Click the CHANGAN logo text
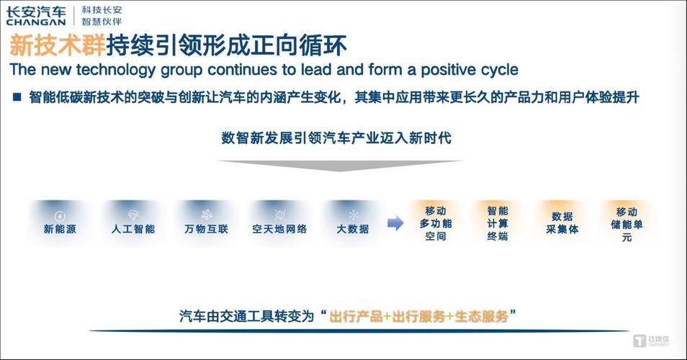tap(35, 22)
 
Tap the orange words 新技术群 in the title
tap(58, 45)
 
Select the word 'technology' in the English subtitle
tap(116, 70)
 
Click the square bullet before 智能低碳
tap(17, 96)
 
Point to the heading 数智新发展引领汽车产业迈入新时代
tap(336, 138)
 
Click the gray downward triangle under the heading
tap(340, 166)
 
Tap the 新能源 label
tap(60, 229)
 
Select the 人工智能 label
tap(133, 229)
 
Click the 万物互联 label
tap(207, 229)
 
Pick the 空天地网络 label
tap(279, 229)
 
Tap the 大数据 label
tap(353, 229)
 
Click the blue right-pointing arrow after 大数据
tap(395, 223)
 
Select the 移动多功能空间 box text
tap(436, 224)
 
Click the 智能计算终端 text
tap(498, 224)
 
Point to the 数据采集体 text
tap(562, 223)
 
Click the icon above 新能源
tap(60, 216)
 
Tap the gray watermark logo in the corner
tap(651, 341)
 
